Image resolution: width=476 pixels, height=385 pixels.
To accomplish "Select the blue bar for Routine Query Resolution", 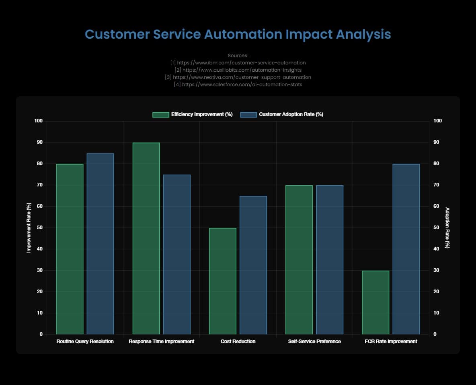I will tap(100, 244).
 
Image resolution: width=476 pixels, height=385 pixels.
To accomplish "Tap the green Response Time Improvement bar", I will tap(146, 238).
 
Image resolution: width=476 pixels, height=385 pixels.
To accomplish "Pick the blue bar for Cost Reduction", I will tap(253, 265).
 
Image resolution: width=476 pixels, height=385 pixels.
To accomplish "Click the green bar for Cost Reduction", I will tap(223, 281).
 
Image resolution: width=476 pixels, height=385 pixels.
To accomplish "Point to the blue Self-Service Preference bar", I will tap(330, 260).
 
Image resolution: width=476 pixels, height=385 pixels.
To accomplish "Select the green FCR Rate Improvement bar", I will tap(375, 302).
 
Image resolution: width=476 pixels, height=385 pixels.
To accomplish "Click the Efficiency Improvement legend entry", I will tap(193, 114).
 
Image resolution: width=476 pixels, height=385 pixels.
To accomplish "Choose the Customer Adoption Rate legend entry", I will tap(282, 114).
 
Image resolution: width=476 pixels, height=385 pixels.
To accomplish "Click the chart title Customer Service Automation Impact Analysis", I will tap(238, 34).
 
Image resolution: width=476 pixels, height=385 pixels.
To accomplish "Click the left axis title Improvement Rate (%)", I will tap(29, 228).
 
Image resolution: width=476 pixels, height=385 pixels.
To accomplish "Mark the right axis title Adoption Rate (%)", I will tap(447, 228).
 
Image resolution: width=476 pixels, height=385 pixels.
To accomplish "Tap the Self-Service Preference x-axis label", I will tap(314, 342).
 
